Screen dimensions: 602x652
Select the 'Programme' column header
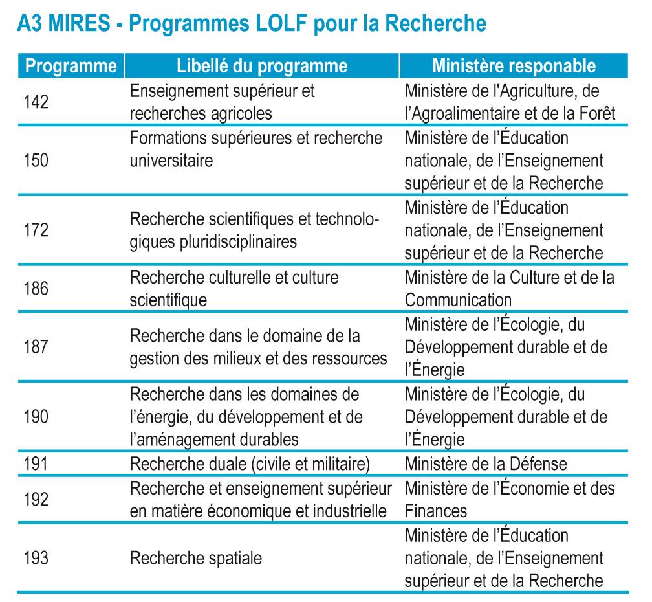[x=67, y=67]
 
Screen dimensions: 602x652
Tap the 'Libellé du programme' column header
[x=262, y=67]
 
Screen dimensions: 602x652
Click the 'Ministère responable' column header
[x=514, y=67]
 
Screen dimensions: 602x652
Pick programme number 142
[x=37, y=102]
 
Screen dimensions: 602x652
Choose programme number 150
[x=37, y=159]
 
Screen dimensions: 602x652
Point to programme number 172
[x=37, y=230]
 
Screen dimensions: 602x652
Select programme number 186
[x=37, y=288]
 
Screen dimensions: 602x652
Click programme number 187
[x=37, y=347]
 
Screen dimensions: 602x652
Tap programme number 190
[x=37, y=416]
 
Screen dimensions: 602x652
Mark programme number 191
[x=37, y=463]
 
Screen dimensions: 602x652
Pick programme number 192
[x=37, y=498]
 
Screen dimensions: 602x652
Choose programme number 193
[x=37, y=557]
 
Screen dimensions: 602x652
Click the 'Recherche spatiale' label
[x=196, y=558]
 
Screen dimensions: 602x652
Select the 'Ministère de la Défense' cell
[x=486, y=463]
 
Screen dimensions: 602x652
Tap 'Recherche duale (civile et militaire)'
[x=249, y=463]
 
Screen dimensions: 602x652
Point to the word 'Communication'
[x=458, y=300]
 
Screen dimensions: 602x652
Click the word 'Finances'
[x=436, y=511]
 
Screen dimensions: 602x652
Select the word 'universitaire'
[x=171, y=160]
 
